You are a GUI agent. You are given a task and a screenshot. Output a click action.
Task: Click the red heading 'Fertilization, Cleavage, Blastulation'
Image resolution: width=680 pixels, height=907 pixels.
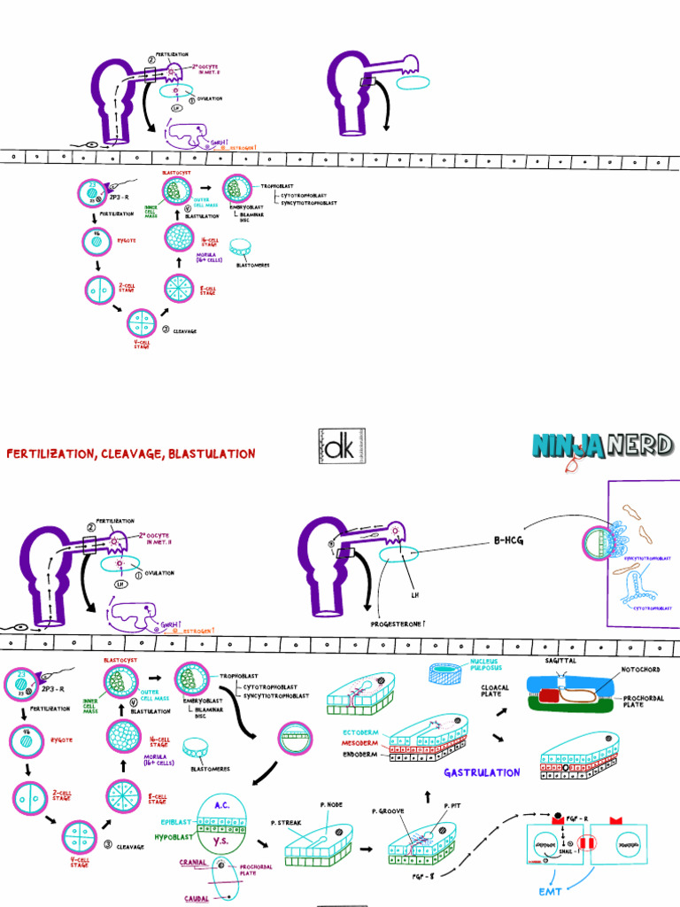[131, 453]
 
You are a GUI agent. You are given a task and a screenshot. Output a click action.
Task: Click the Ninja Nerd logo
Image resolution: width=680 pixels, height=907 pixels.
[602, 446]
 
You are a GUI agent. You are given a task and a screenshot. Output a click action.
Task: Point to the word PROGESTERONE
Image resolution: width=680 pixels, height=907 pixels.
[398, 624]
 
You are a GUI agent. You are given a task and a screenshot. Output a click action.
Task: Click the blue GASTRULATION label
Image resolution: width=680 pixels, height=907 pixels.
[482, 772]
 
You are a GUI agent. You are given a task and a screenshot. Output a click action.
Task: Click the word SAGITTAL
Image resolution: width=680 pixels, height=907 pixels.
[559, 661]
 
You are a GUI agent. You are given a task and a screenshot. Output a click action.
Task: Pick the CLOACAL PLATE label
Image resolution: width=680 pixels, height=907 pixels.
[495, 691]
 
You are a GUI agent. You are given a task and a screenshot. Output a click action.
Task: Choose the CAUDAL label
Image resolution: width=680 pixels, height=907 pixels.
[197, 897]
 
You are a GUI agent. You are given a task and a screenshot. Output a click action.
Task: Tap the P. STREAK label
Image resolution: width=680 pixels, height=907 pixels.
[287, 823]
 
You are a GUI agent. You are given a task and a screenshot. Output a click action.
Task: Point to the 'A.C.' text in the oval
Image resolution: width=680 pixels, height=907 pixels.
[223, 805]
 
